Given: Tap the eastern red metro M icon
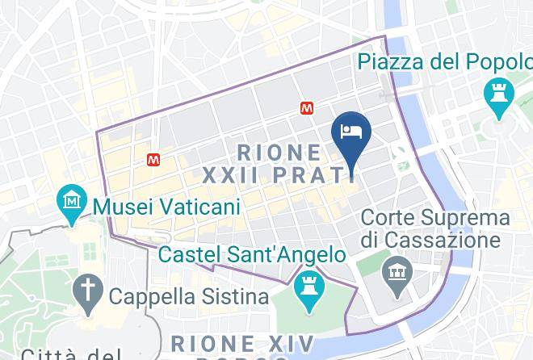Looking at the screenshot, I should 308,107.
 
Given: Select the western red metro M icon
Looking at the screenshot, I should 153,160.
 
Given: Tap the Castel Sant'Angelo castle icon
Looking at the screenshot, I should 308,284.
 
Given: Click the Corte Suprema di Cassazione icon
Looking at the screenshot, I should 397,268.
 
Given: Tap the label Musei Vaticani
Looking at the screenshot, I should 166,207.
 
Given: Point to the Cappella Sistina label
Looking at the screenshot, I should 188,296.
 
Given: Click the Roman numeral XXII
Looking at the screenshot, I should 231,174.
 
